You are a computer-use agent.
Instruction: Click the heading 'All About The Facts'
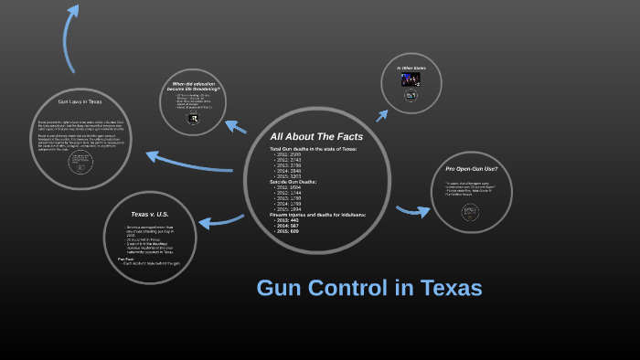click(316, 136)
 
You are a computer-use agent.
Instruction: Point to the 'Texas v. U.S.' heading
click(149, 215)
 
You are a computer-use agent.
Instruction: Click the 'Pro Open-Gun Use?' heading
click(471, 170)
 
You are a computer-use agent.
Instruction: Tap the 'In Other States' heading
click(411, 68)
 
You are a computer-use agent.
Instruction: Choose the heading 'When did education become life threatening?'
click(196, 88)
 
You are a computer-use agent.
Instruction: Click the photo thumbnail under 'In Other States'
click(411, 80)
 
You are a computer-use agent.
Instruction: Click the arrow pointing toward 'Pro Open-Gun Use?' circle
click(412, 211)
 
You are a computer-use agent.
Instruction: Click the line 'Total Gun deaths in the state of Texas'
click(313, 148)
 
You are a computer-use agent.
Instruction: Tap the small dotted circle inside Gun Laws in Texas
click(82, 162)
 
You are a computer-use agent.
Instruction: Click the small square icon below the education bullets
click(193, 118)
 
